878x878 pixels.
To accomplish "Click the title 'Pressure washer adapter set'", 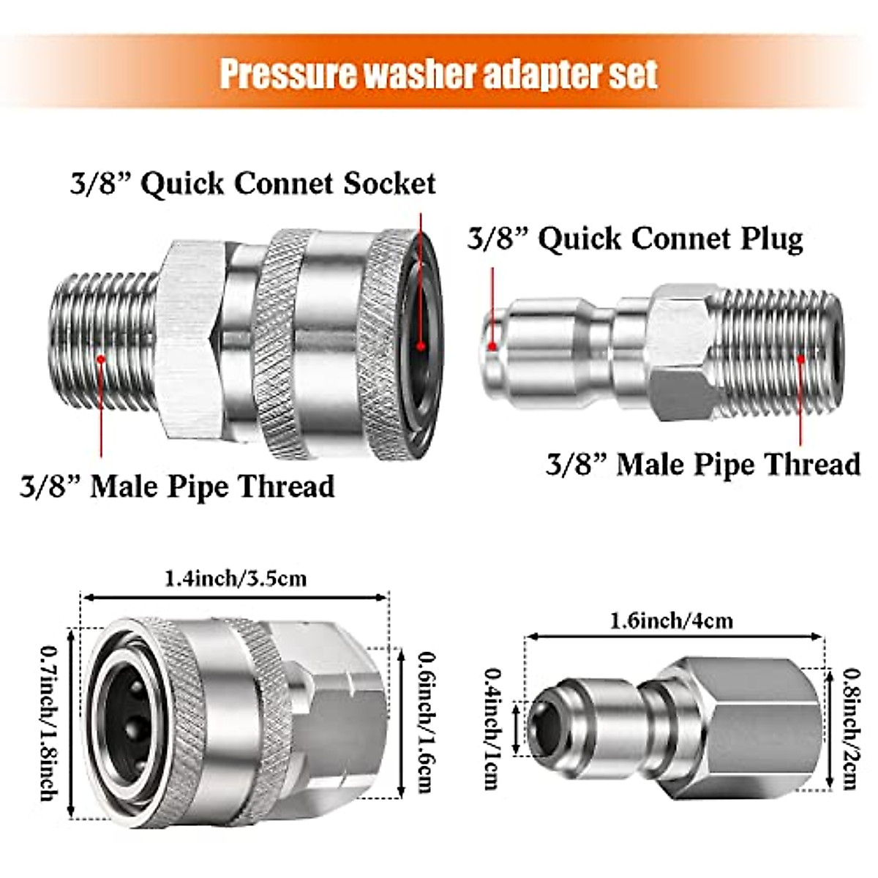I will pyautogui.click(x=439, y=75).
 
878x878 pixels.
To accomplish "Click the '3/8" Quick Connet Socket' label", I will pyautogui.click(x=252, y=184).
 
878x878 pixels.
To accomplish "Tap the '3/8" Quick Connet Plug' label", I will pyautogui.click(x=635, y=239).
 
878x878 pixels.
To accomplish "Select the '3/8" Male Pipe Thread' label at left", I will pyautogui.click(x=176, y=487).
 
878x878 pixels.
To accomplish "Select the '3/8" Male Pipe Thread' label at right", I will pyautogui.click(x=703, y=464).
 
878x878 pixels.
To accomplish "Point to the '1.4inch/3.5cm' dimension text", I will pyautogui.click(x=236, y=579).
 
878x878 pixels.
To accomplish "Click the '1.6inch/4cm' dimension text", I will pyautogui.click(x=672, y=621).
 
